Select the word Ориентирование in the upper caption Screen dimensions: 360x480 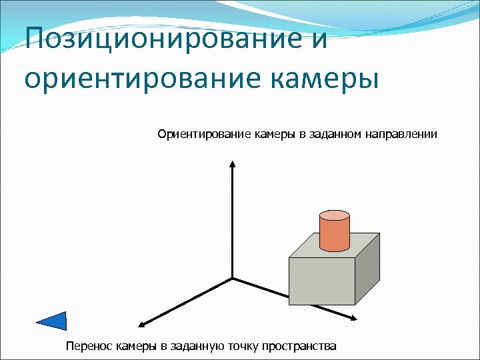(204, 135)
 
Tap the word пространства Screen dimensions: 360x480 (299, 345)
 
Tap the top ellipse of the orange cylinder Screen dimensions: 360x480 (334, 215)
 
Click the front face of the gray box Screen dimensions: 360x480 (322, 281)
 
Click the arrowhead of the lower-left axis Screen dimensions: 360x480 (142, 325)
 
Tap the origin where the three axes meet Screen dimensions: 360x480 (232, 278)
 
